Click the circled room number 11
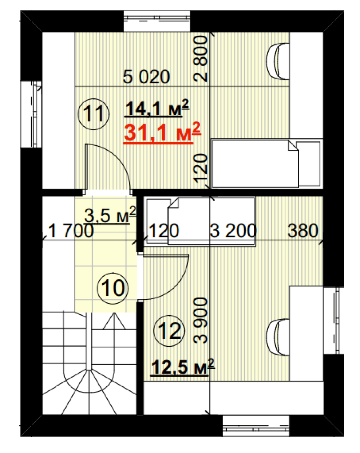pos(93,114)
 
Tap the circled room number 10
pos(113,288)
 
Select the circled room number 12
pos(169,331)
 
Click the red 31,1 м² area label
pos(162,133)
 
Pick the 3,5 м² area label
pos(110,215)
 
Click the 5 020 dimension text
pos(146,77)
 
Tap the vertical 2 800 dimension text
pos(200,59)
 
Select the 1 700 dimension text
pos(71,231)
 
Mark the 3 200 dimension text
pos(233,231)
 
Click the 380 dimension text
pos(303,231)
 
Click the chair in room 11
pos(278,62)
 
